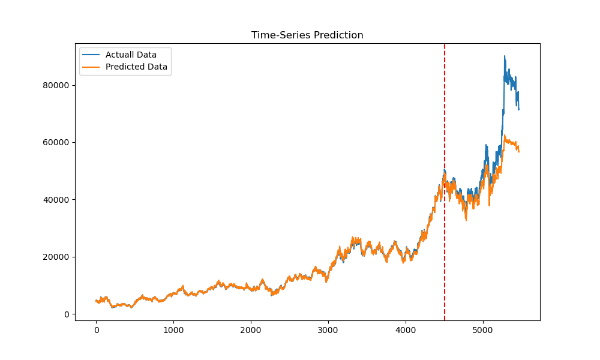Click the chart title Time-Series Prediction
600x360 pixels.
click(x=307, y=35)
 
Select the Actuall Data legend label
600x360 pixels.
click(x=131, y=55)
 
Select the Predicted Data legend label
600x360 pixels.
click(x=136, y=67)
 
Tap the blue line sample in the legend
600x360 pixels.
click(x=92, y=55)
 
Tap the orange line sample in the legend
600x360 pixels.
click(x=92, y=67)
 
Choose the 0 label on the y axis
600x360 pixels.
click(x=67, y=314)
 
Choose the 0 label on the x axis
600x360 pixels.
click(x=96, y=329)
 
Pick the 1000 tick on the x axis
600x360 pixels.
click(x=173, y=329)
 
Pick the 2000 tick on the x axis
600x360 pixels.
click(x=251, y=329)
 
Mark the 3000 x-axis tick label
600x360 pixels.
click(x=328, y=329)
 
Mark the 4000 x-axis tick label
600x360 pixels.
click(x=406, y=329)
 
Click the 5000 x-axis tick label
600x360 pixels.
click(x=483, y=329)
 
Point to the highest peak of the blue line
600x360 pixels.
click(x=504, y=56)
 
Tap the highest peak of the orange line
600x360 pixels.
click(x=505, y=136)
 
